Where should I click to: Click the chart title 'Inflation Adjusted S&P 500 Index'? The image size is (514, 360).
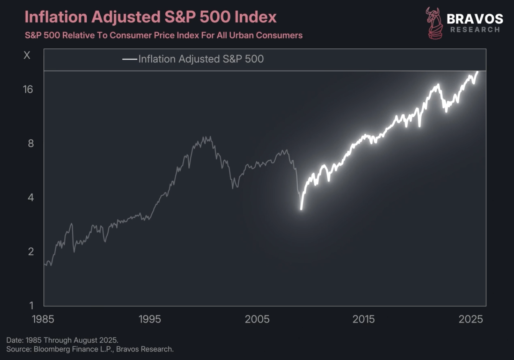point(150,17)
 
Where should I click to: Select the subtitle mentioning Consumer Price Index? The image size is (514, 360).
point(163,35)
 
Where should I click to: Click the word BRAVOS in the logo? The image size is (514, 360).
point(475,19)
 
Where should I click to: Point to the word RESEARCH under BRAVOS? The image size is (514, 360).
point(475,30)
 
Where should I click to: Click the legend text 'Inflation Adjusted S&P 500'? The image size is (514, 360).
point(201,59)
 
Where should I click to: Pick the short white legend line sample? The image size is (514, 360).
point(130,59)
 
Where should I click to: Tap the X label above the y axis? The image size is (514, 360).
point(27,55)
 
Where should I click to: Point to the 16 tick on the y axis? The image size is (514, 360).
point(28,89)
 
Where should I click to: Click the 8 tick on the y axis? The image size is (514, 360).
point(31,144)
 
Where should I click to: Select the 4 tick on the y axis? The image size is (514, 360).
point(31,198)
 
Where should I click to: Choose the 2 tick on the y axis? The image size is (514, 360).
point(31,252)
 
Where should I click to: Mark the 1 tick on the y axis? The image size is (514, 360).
point(31,306)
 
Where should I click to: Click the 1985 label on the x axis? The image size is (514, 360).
point(43,319)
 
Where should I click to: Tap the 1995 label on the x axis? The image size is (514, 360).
point(150,319)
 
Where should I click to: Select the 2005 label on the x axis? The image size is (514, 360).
point(257,319)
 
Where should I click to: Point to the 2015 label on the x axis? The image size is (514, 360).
point(364,319)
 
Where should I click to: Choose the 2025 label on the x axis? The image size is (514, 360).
point(471,319)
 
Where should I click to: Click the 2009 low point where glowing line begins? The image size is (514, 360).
point(301,208)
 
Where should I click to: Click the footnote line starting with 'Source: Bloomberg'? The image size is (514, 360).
point(90,349)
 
